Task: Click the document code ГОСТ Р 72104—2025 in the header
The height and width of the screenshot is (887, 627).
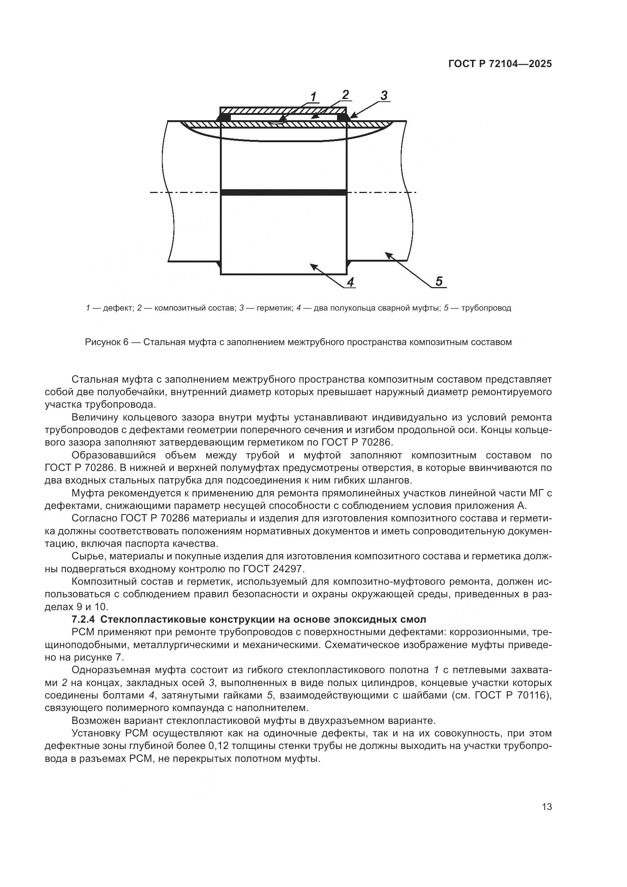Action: [500, 64]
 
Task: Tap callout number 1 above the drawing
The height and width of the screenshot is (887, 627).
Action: [313, 97]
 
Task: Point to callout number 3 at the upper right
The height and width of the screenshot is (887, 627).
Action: [383, 95]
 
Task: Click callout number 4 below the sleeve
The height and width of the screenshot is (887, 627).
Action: [350, 283]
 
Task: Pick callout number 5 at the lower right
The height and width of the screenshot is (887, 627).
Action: [439, 281]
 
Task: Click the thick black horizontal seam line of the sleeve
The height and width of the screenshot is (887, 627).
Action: [284, 192]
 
